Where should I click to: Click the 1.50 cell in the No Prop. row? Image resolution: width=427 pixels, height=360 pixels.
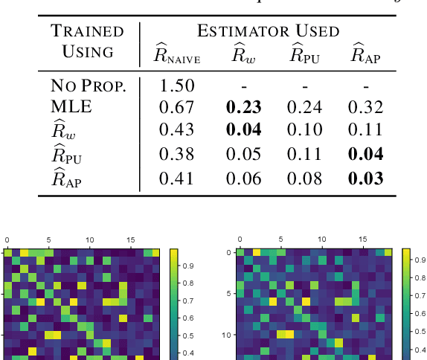(x=178, y=85)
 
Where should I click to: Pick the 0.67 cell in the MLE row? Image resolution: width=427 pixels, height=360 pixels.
(x=178, y=107)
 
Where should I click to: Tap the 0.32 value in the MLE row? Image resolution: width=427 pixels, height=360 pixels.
(x=366, y=107)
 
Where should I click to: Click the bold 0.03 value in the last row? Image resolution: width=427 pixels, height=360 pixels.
(x=366, y=178)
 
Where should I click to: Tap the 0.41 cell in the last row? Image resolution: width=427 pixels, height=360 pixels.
(x=178, y=178)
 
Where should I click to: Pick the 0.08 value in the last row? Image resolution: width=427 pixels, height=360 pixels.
(x=304, y=178)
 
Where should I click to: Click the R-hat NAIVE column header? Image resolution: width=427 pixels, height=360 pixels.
(x=177, y=54)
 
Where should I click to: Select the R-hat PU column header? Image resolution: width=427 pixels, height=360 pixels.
(x=304, y=54)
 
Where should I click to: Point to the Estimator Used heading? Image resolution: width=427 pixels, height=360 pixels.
(x=268, y=31)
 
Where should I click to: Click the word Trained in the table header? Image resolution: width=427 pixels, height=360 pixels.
(x=87, y=31)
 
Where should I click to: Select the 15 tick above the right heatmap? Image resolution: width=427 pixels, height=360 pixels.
(x=363, y=240)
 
